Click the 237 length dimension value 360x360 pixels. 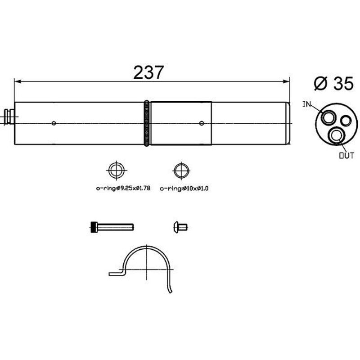pyautogui.click(x=148, y=72)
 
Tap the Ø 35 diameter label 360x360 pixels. pyautogui.click(x=333, y=83)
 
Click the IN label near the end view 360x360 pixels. pyautogui.click(x=306, y=104)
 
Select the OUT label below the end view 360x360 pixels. pyautogui.click(x=346, y=156)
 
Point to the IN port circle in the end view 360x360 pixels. pyautogui.click(x=327, y=117)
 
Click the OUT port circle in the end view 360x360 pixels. pyautogui.click(x=336, y=135)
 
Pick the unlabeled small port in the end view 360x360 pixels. pyautogui.click(x=346, y=121)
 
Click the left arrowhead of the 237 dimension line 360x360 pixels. pyautogui.click(x=18, y=81)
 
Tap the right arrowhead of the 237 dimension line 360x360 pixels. pyautogui.click(x=286, y=81)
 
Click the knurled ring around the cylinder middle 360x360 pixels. pyautogui.click(x=147, y=123)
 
